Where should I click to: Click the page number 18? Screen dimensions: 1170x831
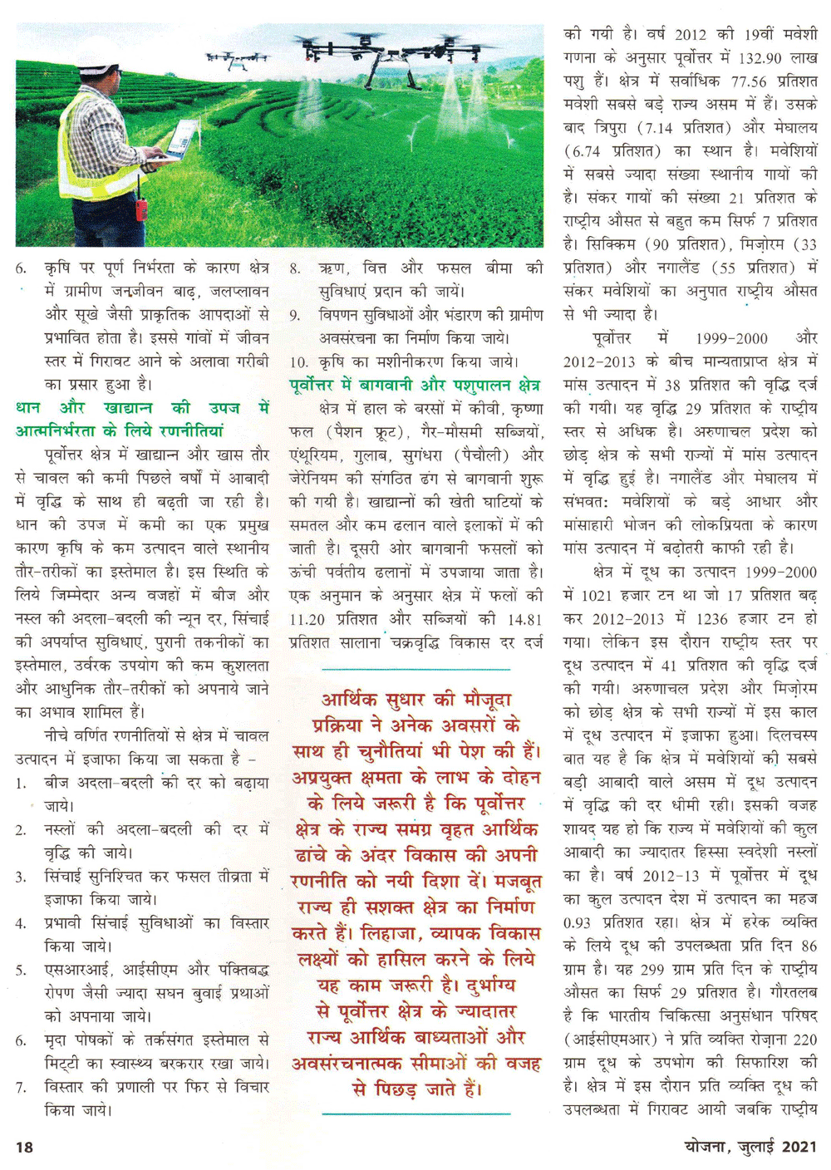point(25,1147)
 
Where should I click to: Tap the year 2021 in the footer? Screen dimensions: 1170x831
point(799,1147)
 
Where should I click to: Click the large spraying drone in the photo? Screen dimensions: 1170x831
point(406,52)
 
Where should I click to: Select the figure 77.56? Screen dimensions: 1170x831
point(749,81)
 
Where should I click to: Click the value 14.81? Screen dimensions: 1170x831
point(524,620)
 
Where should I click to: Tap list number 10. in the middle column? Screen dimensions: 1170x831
point(299,362)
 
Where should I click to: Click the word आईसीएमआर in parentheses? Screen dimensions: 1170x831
point(612,1040)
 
